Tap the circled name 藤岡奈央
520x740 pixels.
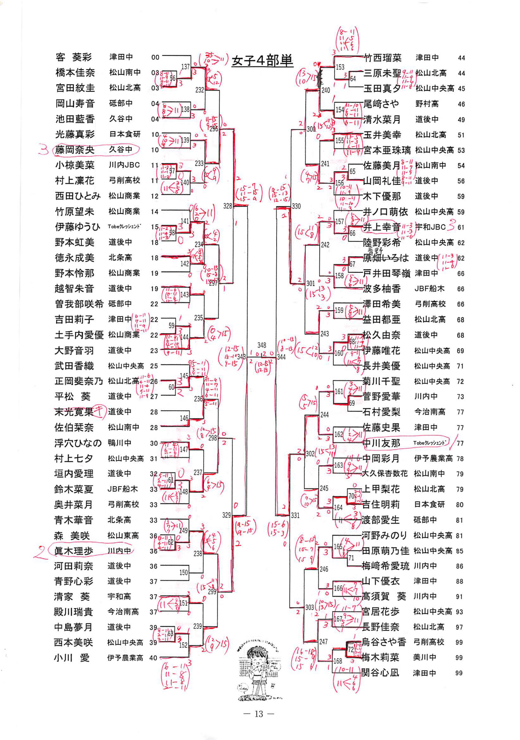75,150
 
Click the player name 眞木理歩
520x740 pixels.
73,551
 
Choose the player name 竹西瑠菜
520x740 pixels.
383,58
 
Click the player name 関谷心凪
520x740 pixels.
380,673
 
